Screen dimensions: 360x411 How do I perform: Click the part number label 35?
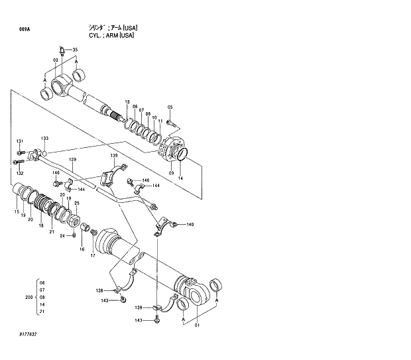click(x=75, y=50)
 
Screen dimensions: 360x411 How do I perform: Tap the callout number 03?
click(x=56, y=60)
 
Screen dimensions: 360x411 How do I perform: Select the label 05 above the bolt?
click(x=170, y=107)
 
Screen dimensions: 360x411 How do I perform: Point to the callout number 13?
click(x=127, y=102)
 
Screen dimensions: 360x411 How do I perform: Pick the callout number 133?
click(x=45, y=139)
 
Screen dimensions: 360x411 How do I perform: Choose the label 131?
click(x=20, y=141)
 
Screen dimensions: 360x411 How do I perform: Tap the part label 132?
click(x=20, y=172)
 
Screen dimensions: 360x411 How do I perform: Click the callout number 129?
click(x=73, y=160)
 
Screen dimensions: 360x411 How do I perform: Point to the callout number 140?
click(x=190, y=225)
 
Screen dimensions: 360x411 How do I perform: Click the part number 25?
click(x=77, y=203)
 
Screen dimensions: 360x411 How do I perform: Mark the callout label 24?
click(x=62, y=235)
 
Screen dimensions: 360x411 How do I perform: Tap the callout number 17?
click(x=93, y=255)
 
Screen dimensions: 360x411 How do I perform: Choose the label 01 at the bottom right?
click(x=196, y=325)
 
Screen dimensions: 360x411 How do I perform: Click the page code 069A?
click(x=25, y=30)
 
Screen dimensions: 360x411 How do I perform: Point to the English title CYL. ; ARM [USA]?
click(x=111, y=35)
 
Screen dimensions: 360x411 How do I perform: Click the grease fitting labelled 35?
click(x=62, y=50)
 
